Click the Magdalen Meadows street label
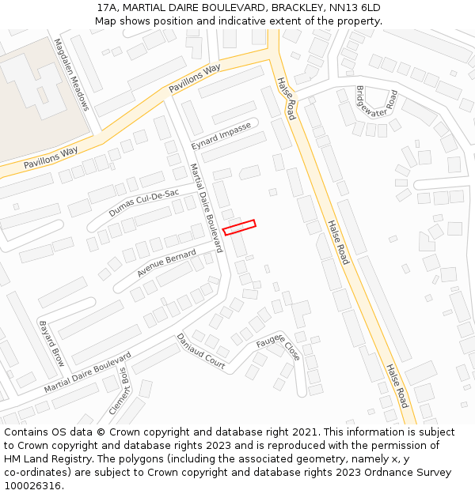(70, 74)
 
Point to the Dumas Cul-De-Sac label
(143, 203)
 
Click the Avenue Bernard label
(166, 262)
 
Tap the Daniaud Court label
(201, 351)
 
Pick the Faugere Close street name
(278, 345)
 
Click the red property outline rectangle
(239, 228)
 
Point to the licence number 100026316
(34, 486)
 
